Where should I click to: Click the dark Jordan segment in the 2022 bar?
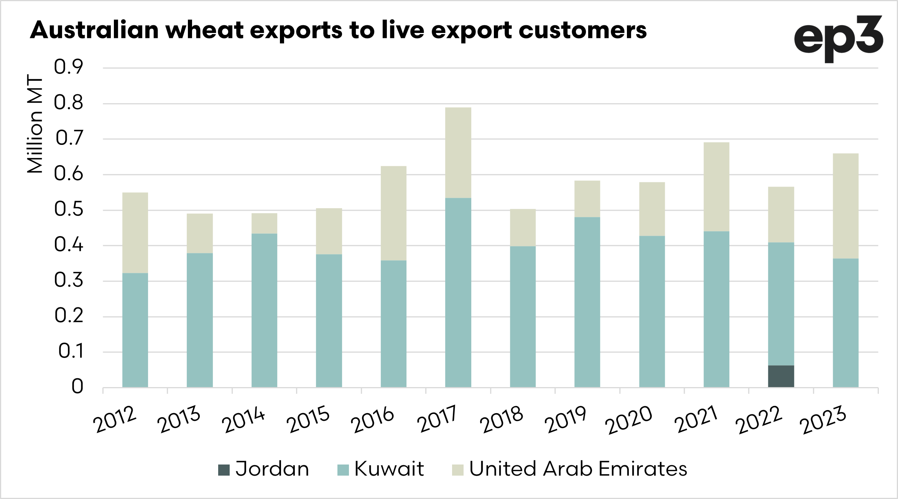[781, 376]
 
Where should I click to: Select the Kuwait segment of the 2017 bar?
[458, 292]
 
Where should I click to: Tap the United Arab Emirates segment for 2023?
[845, 206]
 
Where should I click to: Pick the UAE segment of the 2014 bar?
[264, 223]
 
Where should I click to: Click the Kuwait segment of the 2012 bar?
[135, 330]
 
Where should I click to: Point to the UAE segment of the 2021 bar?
[716, 187]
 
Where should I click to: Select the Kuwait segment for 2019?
[587, 302]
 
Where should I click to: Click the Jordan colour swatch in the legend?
[224, 470]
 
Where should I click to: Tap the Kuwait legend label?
[389, 469]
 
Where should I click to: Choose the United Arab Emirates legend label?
[578, 469]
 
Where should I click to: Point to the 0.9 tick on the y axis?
[68, 67]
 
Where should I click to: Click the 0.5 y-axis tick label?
[68, 209]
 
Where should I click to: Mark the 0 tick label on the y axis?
[77, 386]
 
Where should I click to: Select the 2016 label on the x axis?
[372, 420]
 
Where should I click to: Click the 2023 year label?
[822, 420]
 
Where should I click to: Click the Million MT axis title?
[35, 123]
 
